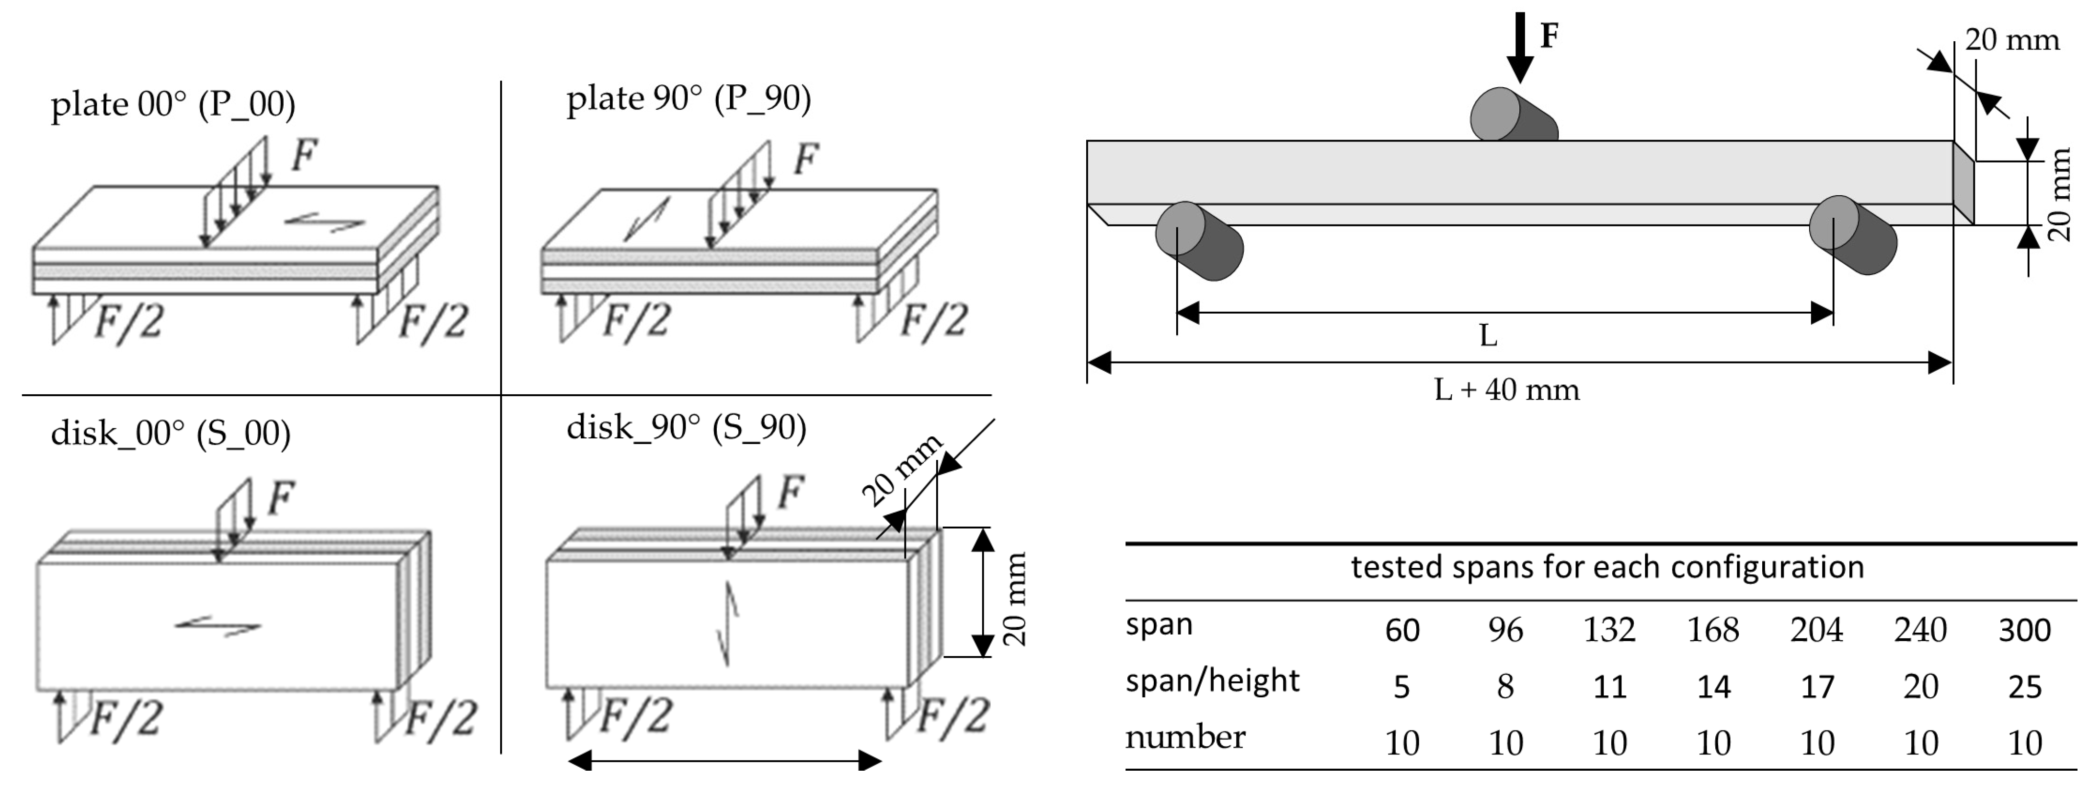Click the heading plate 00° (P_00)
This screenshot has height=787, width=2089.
coord(173,105)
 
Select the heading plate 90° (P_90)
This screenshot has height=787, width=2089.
coord(689,99)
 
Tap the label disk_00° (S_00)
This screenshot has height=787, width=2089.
coord(170,433)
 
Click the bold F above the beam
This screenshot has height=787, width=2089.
coord(1549,35)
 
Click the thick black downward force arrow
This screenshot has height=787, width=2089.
coord(1520,47)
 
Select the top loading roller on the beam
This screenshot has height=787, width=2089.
coord(1513,115)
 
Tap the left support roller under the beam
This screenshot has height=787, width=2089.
coord(1199,241)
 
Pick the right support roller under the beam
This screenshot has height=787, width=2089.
coord(1853,235)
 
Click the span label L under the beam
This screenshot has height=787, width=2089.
coord(1487,335)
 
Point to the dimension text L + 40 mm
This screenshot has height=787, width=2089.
coord(1507,390)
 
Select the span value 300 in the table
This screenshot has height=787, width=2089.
coord(2024,630)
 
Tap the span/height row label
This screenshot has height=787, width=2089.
coord(1212,681)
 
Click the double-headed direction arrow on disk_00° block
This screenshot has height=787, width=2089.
coord(218,625)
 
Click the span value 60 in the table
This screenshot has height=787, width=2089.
coord(1401,630)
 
